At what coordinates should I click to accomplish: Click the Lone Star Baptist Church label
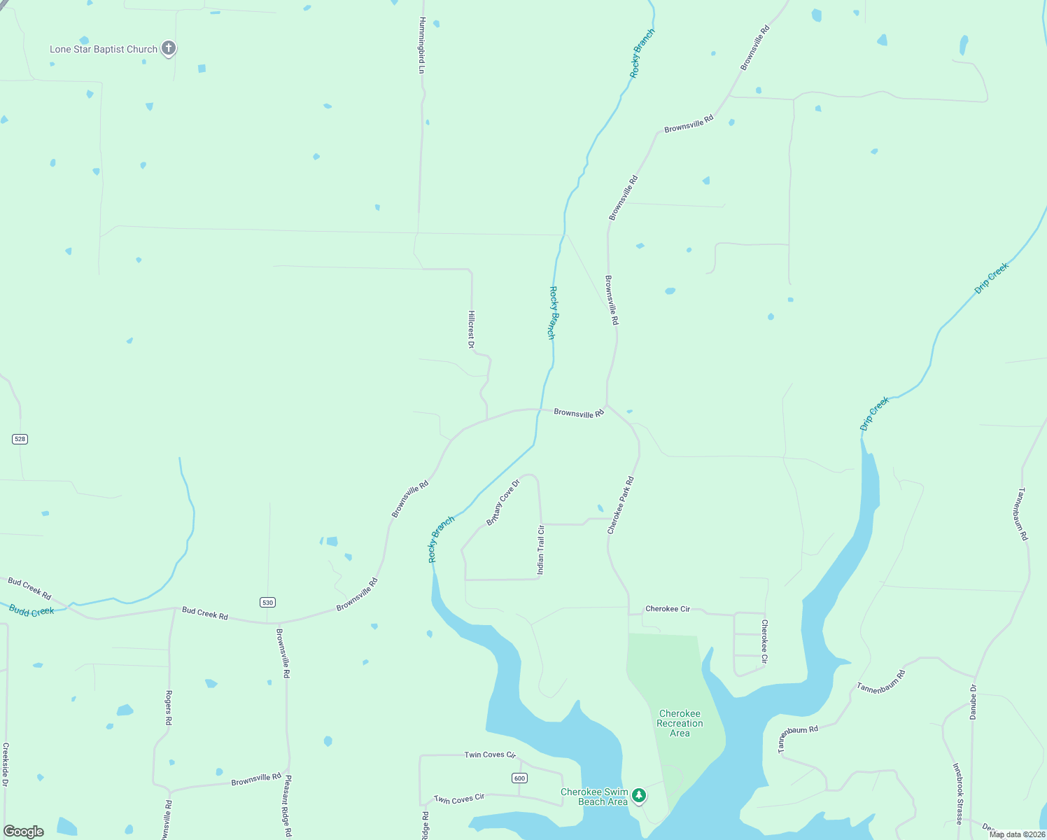(x=104, y=50)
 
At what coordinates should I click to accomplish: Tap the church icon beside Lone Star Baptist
(x=168, y=48)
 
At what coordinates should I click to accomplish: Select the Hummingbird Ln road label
(x=422, y=45)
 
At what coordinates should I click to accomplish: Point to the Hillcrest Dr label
(x=471, y=329)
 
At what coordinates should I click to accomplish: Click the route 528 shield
(x=20, y=439)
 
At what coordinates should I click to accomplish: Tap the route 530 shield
(x=267, y=602)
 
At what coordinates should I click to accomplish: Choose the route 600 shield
(x=519, y=778)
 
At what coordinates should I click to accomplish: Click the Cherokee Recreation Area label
(x=680, y=723)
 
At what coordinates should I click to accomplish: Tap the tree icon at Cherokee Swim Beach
(x=638, y=795)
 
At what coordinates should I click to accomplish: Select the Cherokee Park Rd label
(x=620, y=505)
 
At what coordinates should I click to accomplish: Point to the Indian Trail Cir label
(x=540, y=549)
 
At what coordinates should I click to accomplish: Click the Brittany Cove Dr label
(x=503, y=503)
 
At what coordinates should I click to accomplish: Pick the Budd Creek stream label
(x=31, y=611)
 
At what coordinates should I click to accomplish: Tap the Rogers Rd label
(x=169, y=707)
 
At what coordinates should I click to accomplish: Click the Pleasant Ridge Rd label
(x=288, y=806)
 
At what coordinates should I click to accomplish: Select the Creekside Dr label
(x=6, y=764)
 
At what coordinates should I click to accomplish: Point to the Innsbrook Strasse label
(x=958, y=794)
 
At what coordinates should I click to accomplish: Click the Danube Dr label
(x=973, y=702)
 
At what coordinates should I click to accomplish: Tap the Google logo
(x=24, y=832)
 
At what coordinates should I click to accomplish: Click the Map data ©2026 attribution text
(x=1017, y=834)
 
